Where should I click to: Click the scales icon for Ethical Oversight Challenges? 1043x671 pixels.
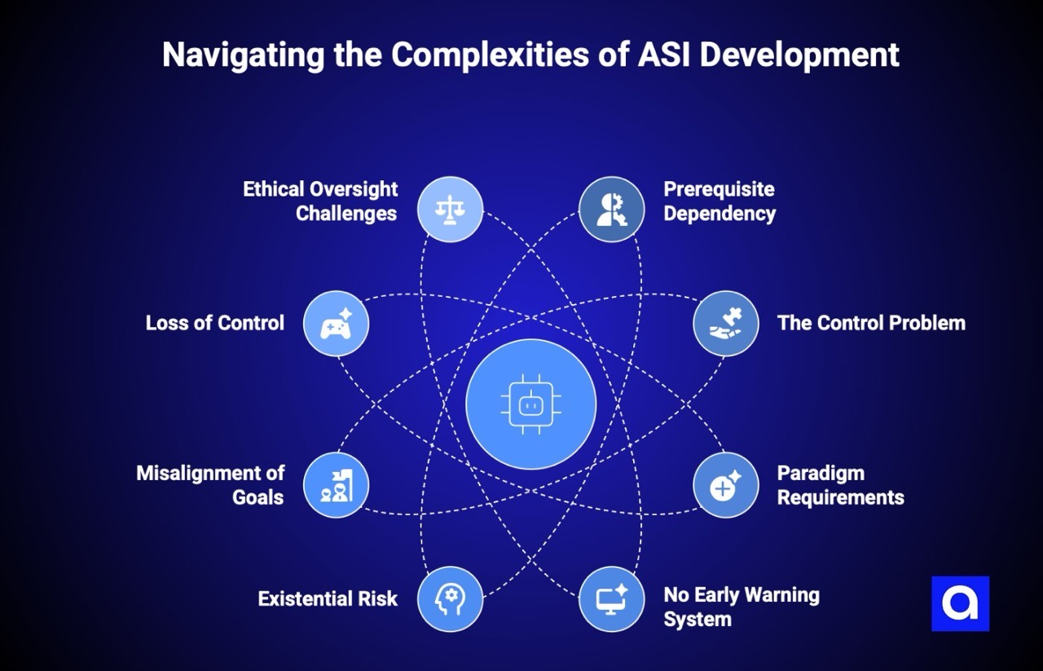pos(450,210)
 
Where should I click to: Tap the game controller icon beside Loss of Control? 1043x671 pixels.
pos(336,324)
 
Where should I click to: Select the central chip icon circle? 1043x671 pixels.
pos(530,404)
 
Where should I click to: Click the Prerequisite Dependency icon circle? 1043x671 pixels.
pos(611,210)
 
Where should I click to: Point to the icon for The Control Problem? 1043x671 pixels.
pos(725,324)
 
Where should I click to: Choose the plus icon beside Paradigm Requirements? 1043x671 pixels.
pos(725,485)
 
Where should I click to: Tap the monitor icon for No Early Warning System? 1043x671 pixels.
pos(611,599)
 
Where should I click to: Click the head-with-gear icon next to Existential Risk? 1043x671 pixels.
pos(450,599)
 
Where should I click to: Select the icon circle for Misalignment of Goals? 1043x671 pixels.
pos(336,485)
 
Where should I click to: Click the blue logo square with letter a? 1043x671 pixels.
pos(960,604)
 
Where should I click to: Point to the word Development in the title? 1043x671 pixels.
pos(798,55)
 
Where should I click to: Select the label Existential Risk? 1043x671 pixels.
pos(328,599)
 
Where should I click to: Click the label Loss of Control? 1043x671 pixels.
pos(215,323)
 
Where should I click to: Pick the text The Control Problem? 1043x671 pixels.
pos(871,323)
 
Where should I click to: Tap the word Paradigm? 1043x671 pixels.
pos(821,473)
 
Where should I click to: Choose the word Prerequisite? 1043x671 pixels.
pos(719,189)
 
